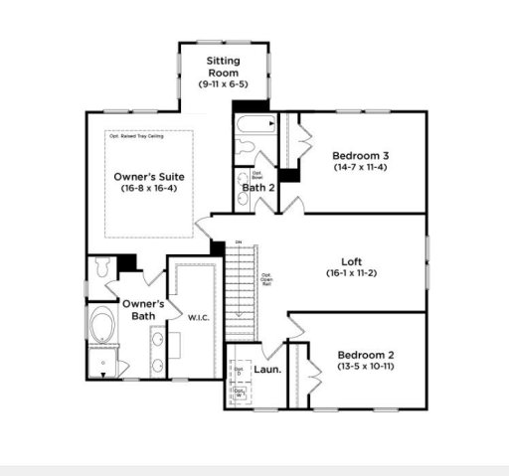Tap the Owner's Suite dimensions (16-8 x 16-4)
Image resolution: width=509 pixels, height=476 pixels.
point(148,188)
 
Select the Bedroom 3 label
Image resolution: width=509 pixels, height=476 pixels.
point(360,155)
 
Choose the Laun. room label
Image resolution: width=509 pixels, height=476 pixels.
point(264,367)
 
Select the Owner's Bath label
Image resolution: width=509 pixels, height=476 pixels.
point(138,310)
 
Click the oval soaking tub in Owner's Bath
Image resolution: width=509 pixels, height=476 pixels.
point(102,327)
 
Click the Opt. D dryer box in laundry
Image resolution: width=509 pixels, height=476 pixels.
point(239,372)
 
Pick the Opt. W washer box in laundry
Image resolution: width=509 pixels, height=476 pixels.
point(239,394)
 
